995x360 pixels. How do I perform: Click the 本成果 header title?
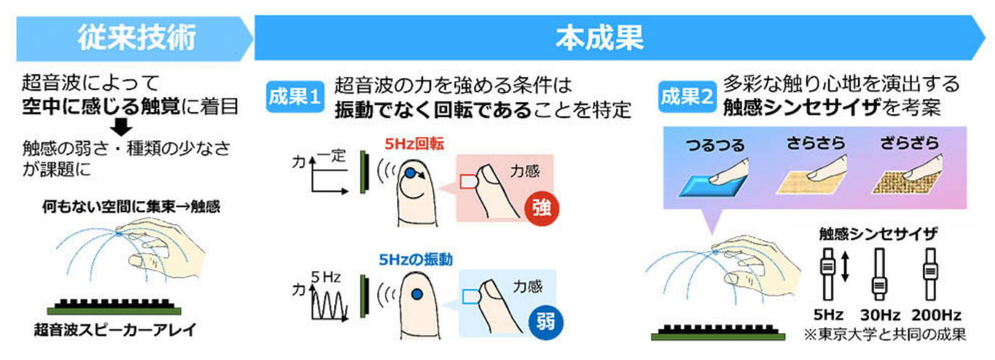click(599, 38)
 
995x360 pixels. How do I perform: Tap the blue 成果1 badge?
click(295, 97)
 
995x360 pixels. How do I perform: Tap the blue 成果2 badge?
click(687, 97)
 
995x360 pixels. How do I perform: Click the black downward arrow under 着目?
click(121, 127)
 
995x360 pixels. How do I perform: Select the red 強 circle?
click(541, 208)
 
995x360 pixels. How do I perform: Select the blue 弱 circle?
click(546, 323)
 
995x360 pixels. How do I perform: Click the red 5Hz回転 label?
click(414, 144)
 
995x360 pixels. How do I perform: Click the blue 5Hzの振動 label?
click(416, 259)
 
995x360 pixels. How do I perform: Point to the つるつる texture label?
click(715, 145)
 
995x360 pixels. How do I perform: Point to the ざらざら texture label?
click(909, 143)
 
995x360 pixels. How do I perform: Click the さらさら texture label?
click(816, 143)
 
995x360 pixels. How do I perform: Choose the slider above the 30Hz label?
click(879, 275)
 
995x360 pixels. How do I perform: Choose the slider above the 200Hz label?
click(930, 275)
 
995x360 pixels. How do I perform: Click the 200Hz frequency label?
click(937, 315)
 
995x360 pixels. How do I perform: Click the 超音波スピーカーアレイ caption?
click(115, 330)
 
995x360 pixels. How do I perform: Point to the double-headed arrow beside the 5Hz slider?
click(845, 267)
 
